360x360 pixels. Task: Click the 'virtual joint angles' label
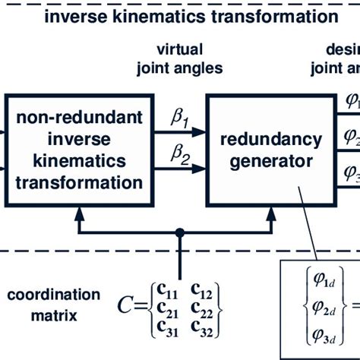tap(179, 58)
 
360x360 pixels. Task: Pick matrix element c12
tap(201, 289)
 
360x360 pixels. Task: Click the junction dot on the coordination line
tap(179, 232)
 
